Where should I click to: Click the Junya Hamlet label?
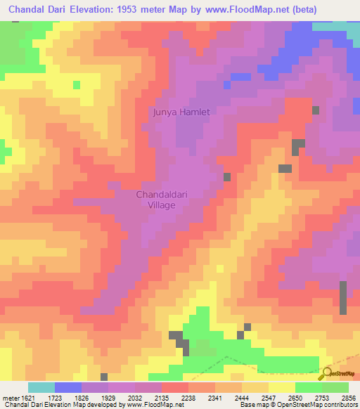click(182, 112)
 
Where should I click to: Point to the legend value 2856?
click(346, 398)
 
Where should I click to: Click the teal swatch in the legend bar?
click(41, 387)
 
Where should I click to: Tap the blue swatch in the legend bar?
click(68, 387)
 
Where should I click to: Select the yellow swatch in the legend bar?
click(282, 387)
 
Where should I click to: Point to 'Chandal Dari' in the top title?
click(34, 10)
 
